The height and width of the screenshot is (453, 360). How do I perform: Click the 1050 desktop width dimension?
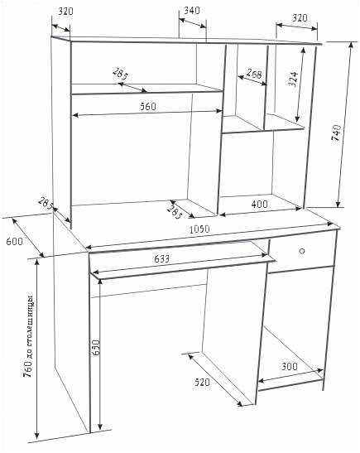pos(199,229)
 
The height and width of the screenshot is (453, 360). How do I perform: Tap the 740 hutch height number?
pos(336,133)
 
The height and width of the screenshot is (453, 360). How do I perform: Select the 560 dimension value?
pos(148,107)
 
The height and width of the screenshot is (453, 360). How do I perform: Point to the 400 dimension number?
pos(260,205)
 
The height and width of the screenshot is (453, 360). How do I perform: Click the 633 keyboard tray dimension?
pos(161,258)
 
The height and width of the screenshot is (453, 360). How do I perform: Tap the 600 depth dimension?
pos(14,241)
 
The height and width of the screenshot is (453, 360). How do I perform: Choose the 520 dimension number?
pos(202,383)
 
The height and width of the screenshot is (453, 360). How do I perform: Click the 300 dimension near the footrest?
pos(290,366)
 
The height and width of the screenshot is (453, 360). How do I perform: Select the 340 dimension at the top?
pos(192,11)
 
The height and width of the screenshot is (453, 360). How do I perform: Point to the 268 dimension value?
pos(254,74)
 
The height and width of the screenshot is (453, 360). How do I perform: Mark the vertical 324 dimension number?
pos(293,79)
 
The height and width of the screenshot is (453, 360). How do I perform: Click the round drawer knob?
pos(302,251)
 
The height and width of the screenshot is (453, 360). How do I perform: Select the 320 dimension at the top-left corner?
pos(66,12)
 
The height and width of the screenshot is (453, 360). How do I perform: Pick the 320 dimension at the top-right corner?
pos(300,18)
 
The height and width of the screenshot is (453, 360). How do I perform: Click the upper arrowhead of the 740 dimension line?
pos(351,44)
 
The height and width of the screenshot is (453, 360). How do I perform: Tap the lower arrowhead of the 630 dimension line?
pos(100,426)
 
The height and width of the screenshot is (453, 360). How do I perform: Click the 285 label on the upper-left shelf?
pos(120,74)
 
